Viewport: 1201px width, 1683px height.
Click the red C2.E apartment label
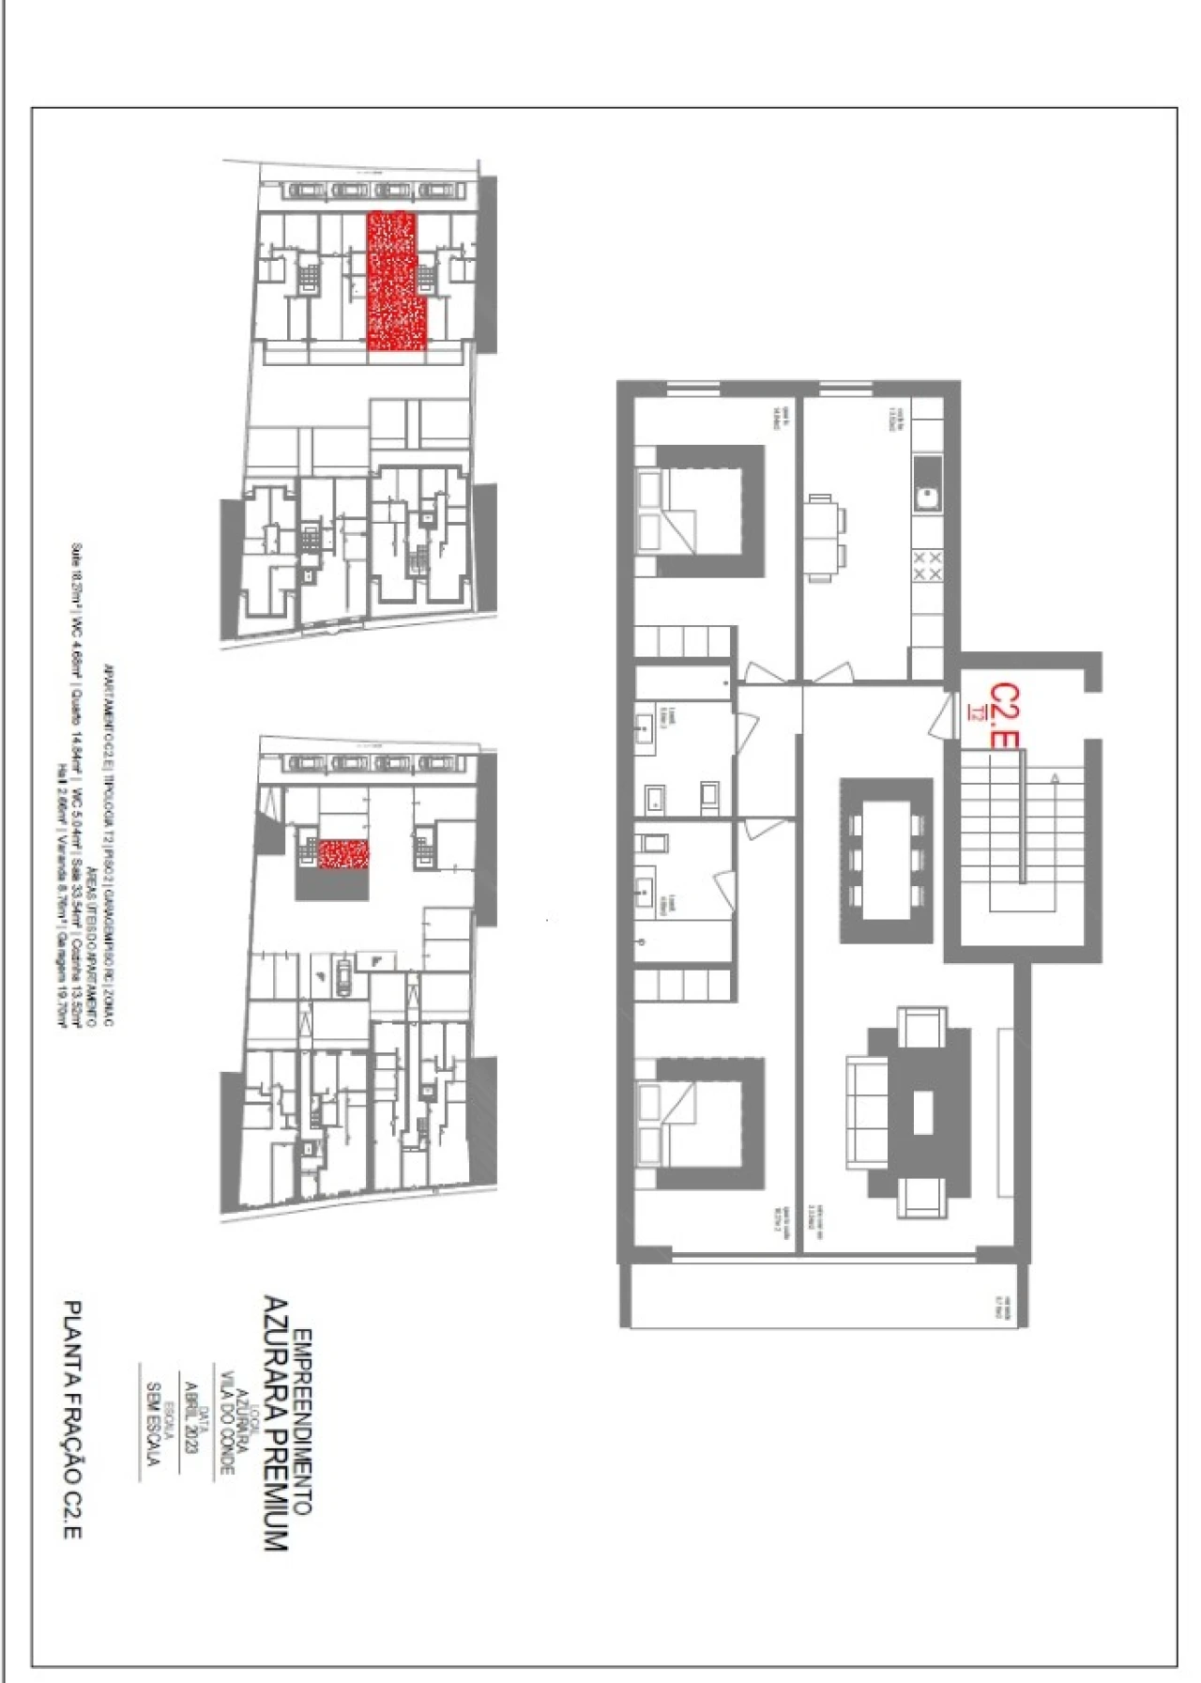pos(1004,716)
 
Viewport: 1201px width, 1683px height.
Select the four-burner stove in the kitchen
pos(927,566)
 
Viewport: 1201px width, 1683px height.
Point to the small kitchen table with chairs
pos(820,538)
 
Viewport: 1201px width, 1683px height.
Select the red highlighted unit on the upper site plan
pos(394,282)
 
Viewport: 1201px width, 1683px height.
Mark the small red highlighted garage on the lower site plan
pos(343,854)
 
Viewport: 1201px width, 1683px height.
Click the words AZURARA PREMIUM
pos(275,1423)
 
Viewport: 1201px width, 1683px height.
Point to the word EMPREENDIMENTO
pos(302,1421)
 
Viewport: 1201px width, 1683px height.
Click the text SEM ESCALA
pos(154,1423)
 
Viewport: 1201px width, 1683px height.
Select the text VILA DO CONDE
pos(225,1423)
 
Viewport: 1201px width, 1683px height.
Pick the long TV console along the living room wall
pos(1006,1113)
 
